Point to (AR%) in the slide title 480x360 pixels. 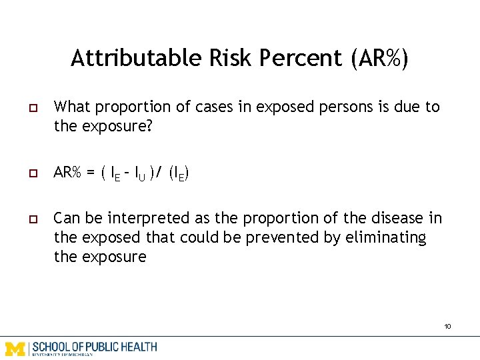coord(377,58)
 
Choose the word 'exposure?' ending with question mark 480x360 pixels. coord(116,126)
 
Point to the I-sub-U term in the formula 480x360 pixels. coord(139,174)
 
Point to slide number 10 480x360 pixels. coord(447,326)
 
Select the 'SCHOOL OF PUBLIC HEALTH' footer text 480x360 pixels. coord(94,347)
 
